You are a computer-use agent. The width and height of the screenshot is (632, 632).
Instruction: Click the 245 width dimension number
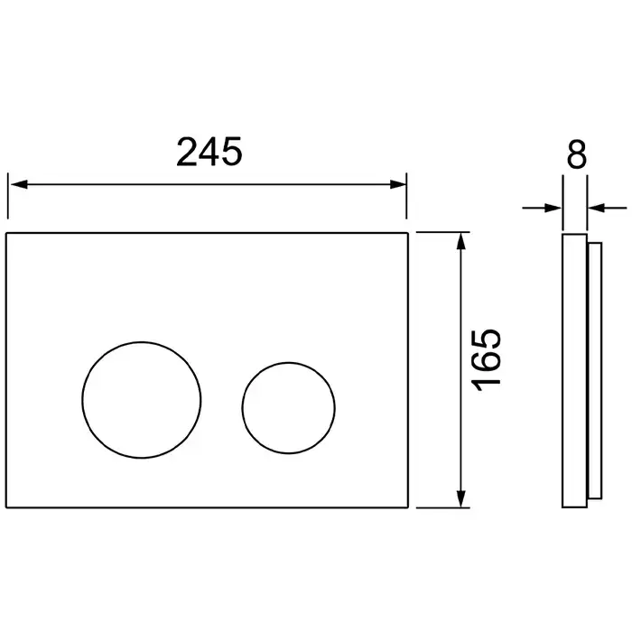pyautogui.click(x=209, y=152)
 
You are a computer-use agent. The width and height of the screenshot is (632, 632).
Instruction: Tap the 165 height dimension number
pyautogui.click(x=487, y=361)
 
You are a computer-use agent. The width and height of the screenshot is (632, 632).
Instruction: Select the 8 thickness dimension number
pyautogui.click(x=576, y=154)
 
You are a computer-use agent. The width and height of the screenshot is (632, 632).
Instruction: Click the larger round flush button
pyautogui.click(x=142, y=342)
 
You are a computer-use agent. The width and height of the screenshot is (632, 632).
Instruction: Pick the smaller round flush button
pyautogui.click(x=289, y=363)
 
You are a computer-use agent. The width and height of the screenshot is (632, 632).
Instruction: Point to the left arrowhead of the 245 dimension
pyautogui.click(x=19, y=184)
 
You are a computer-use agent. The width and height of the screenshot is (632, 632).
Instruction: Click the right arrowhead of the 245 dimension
pyautogui.click(x=398, y=184)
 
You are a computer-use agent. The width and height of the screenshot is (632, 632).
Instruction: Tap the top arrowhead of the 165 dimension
pyautogui.click(x=462, y=241)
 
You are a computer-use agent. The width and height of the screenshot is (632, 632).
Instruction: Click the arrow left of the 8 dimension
pyautogui.click(x=542, y=208)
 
